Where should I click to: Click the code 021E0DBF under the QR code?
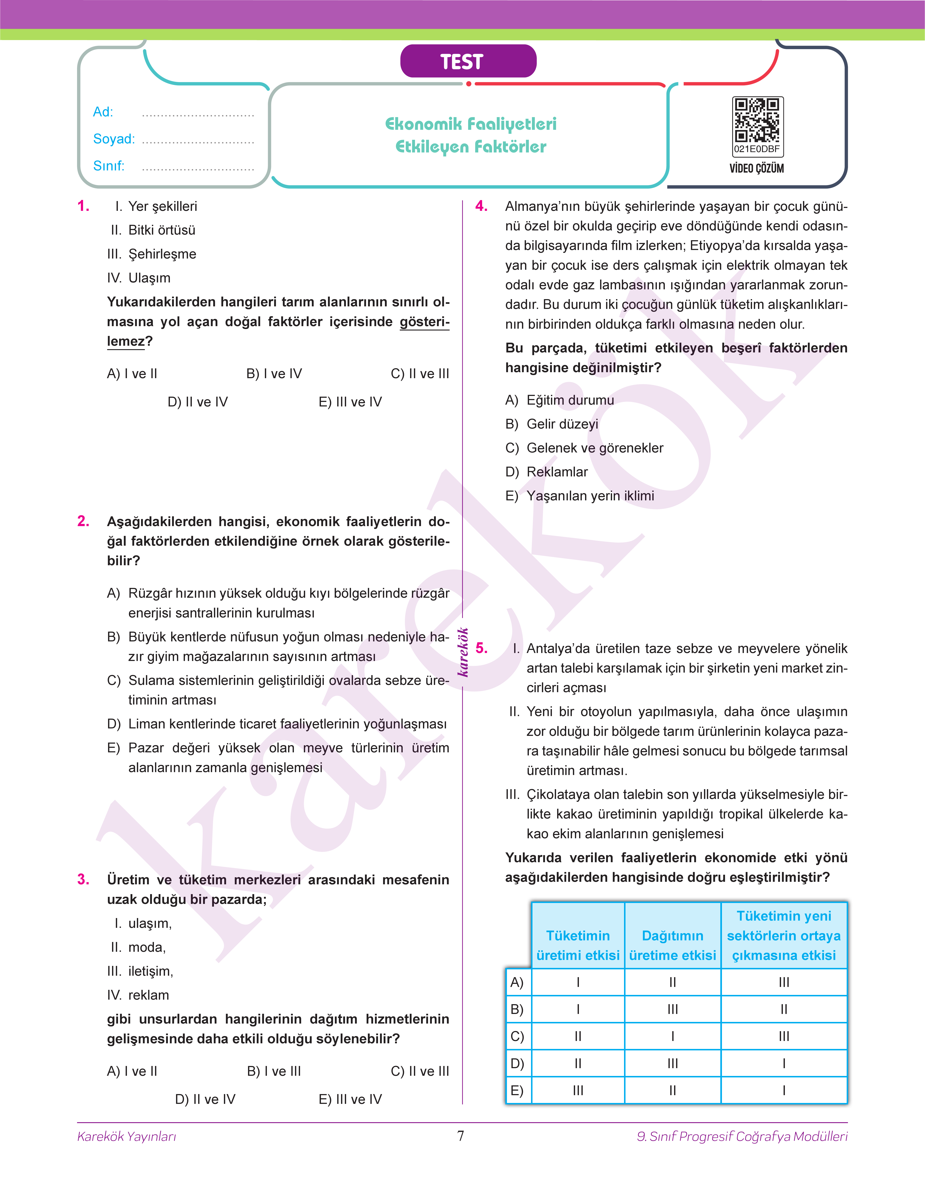[x=757, y=149]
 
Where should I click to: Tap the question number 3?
[x=83, y=879]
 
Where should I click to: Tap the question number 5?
[x=482, y=648]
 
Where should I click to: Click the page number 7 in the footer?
[x=461, y=1135]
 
